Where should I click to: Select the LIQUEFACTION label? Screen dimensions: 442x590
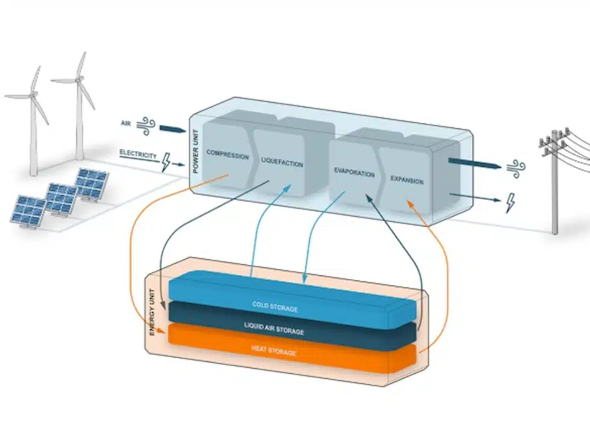coord(282,163)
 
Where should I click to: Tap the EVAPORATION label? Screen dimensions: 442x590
coord(354,173)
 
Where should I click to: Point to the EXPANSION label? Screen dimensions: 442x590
coord(407,180)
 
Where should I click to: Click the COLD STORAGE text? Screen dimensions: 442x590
coord(275,307)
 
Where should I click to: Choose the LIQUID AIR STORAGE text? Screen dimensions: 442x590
coord(274,330)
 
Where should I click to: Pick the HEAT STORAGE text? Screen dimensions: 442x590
coord(274,351)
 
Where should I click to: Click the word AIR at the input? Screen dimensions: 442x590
coord(125,124)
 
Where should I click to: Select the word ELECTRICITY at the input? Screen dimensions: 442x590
coord(138,155)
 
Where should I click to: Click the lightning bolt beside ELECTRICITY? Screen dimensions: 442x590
coord(167,162)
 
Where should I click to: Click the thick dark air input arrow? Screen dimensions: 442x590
coord(174,129)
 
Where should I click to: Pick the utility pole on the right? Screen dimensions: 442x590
coord(554,180)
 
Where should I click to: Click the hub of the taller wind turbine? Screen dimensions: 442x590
coord(78,80)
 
